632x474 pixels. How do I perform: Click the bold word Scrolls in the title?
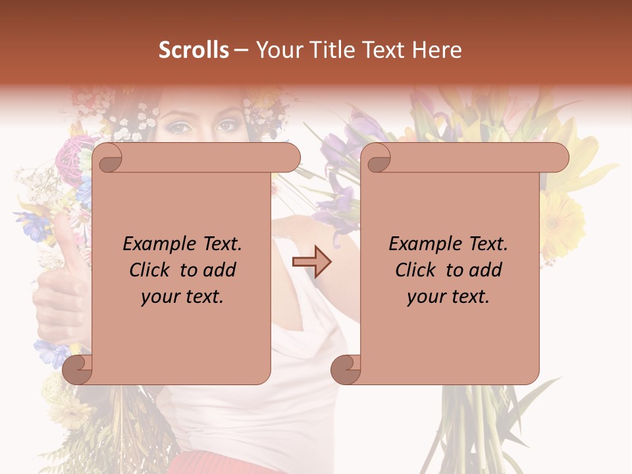[x=194, y=50]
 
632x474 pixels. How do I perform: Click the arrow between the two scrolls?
[x=311, y=262]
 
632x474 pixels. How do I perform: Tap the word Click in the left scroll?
[x=152, y=270]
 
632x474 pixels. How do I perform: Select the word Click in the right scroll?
[x=418, y=270]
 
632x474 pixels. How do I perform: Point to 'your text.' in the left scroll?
[x=182, y=296]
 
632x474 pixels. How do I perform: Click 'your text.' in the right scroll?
[x=448, y=296]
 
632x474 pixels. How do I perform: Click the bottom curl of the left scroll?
[x=78, y=369]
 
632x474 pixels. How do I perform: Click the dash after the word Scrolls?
[x=242, y=50]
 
